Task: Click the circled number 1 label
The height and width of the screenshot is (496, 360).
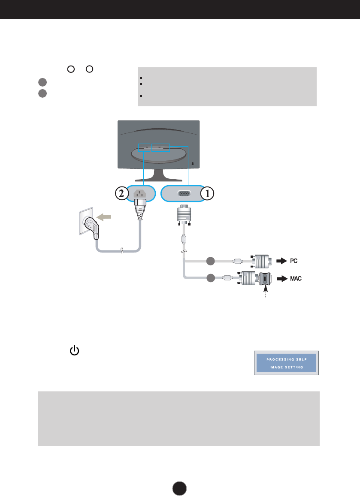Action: click(x=207, y=194)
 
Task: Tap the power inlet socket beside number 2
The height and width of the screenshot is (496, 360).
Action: click(x=140, y=193)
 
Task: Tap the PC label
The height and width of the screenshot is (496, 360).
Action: click(x=294, y=261)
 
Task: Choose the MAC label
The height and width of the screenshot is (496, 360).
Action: click(x=296, y=279)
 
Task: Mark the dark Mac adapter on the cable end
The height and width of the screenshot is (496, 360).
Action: click(x=264, y=279)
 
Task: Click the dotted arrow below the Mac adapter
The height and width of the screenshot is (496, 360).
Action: click(x=265, y=293)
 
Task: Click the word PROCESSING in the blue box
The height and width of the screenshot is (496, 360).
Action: click(x=275, y=359)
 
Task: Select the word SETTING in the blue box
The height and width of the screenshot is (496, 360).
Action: click(x=295, y=367)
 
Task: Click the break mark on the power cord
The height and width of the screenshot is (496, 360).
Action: click(x=121, y=252)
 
